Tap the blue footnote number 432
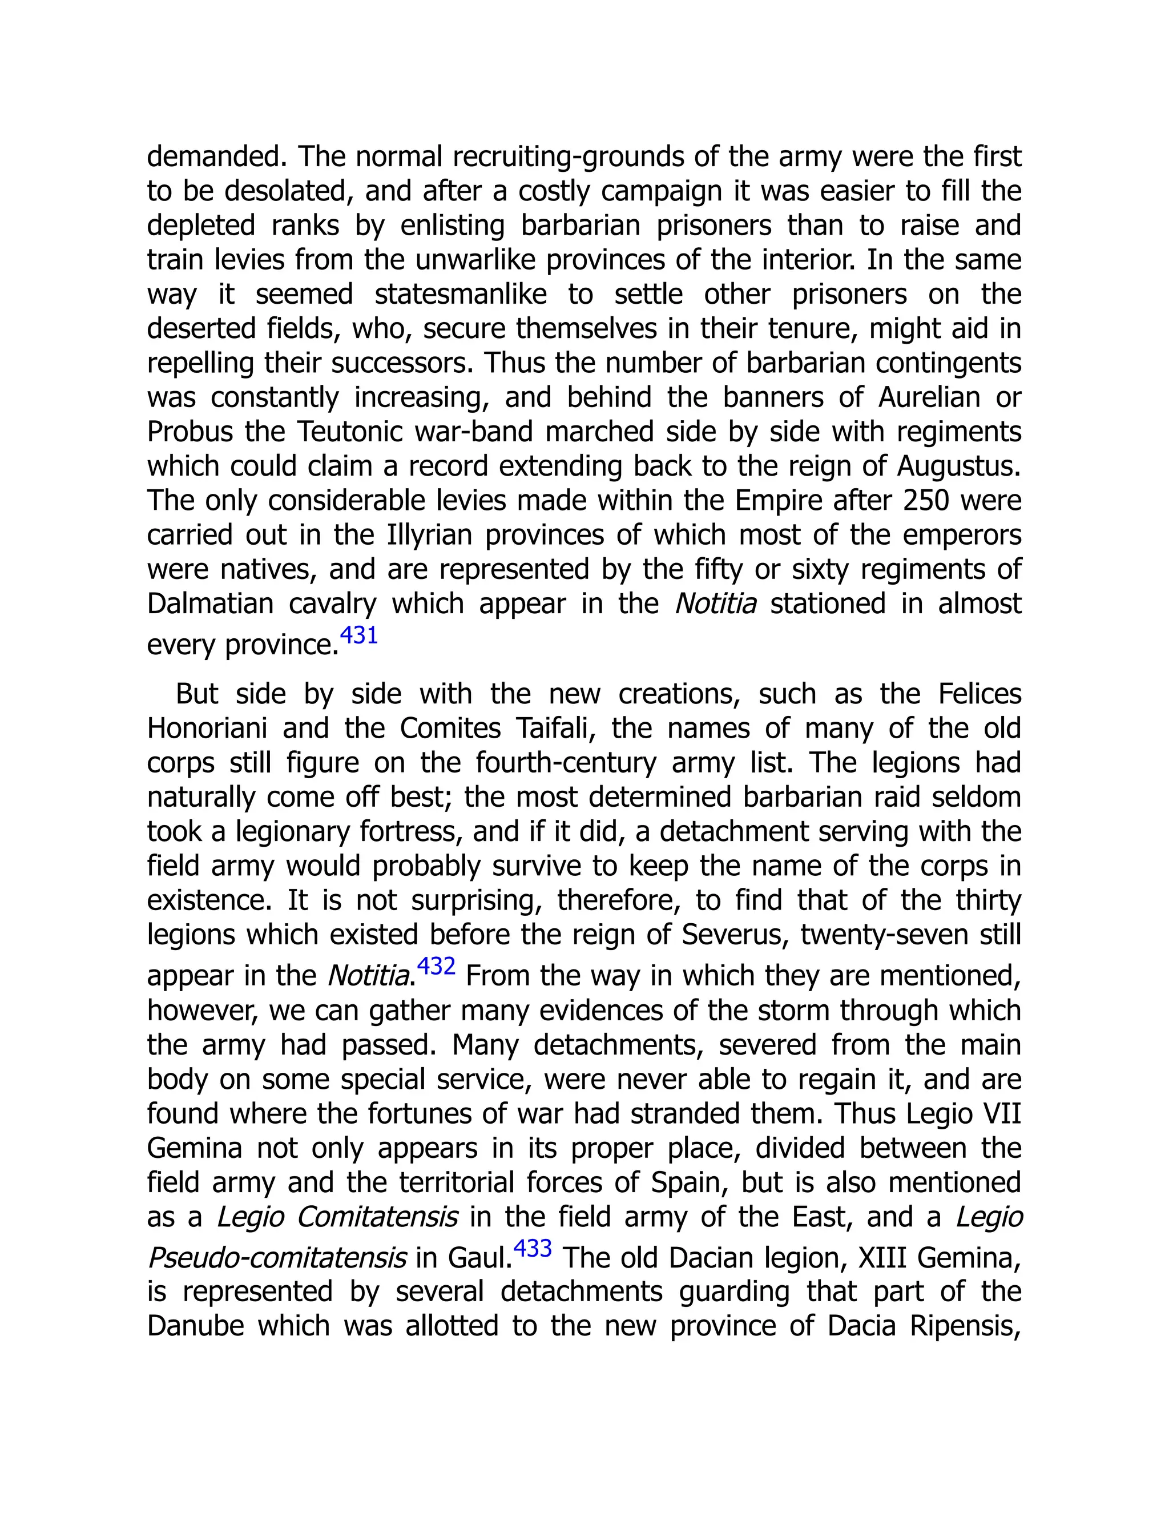(x=436, y=965)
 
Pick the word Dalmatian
(x=211, y=604)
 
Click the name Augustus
(x=958, y=467)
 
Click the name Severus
(x=735, y=935)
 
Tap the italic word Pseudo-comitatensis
(x=277, y=1258)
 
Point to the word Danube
(x=196, y=1327)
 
